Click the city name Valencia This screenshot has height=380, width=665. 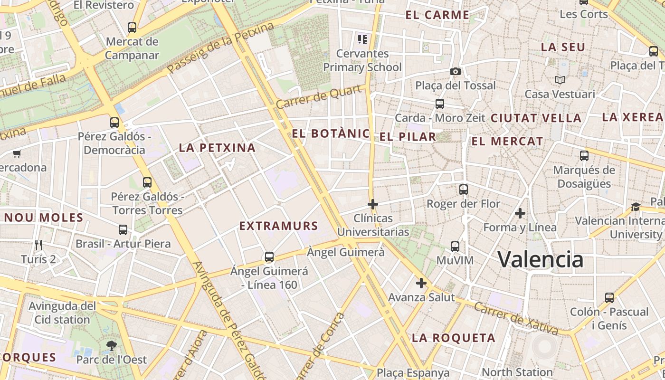tap(541, 259)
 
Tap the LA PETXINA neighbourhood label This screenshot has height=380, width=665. tap(217, 148)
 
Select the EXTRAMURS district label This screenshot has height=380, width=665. tap(278, 226)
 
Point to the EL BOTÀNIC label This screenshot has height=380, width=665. tap(331, 133)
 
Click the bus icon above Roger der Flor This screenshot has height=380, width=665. tap(464, 190)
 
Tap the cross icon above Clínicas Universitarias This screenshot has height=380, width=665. tap(373, 204)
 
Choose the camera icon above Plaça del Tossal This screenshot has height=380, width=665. tap(456, 71)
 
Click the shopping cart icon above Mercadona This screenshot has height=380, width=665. tap(17, 153)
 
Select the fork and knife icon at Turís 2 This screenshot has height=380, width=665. tap(38, 245)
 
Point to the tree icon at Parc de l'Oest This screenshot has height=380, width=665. tap(112, 345)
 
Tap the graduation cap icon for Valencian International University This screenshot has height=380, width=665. tap(636, 207)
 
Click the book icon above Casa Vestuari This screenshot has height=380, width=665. tap(560, 80)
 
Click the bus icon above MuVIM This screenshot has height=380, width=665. tap(455, 246)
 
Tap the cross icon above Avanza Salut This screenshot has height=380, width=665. tap(421, 284)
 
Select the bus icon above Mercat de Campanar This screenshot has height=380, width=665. tap(132, 28)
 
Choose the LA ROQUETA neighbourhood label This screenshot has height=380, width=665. tap(454, 338)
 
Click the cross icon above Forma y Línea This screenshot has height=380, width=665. tap(520, 213)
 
